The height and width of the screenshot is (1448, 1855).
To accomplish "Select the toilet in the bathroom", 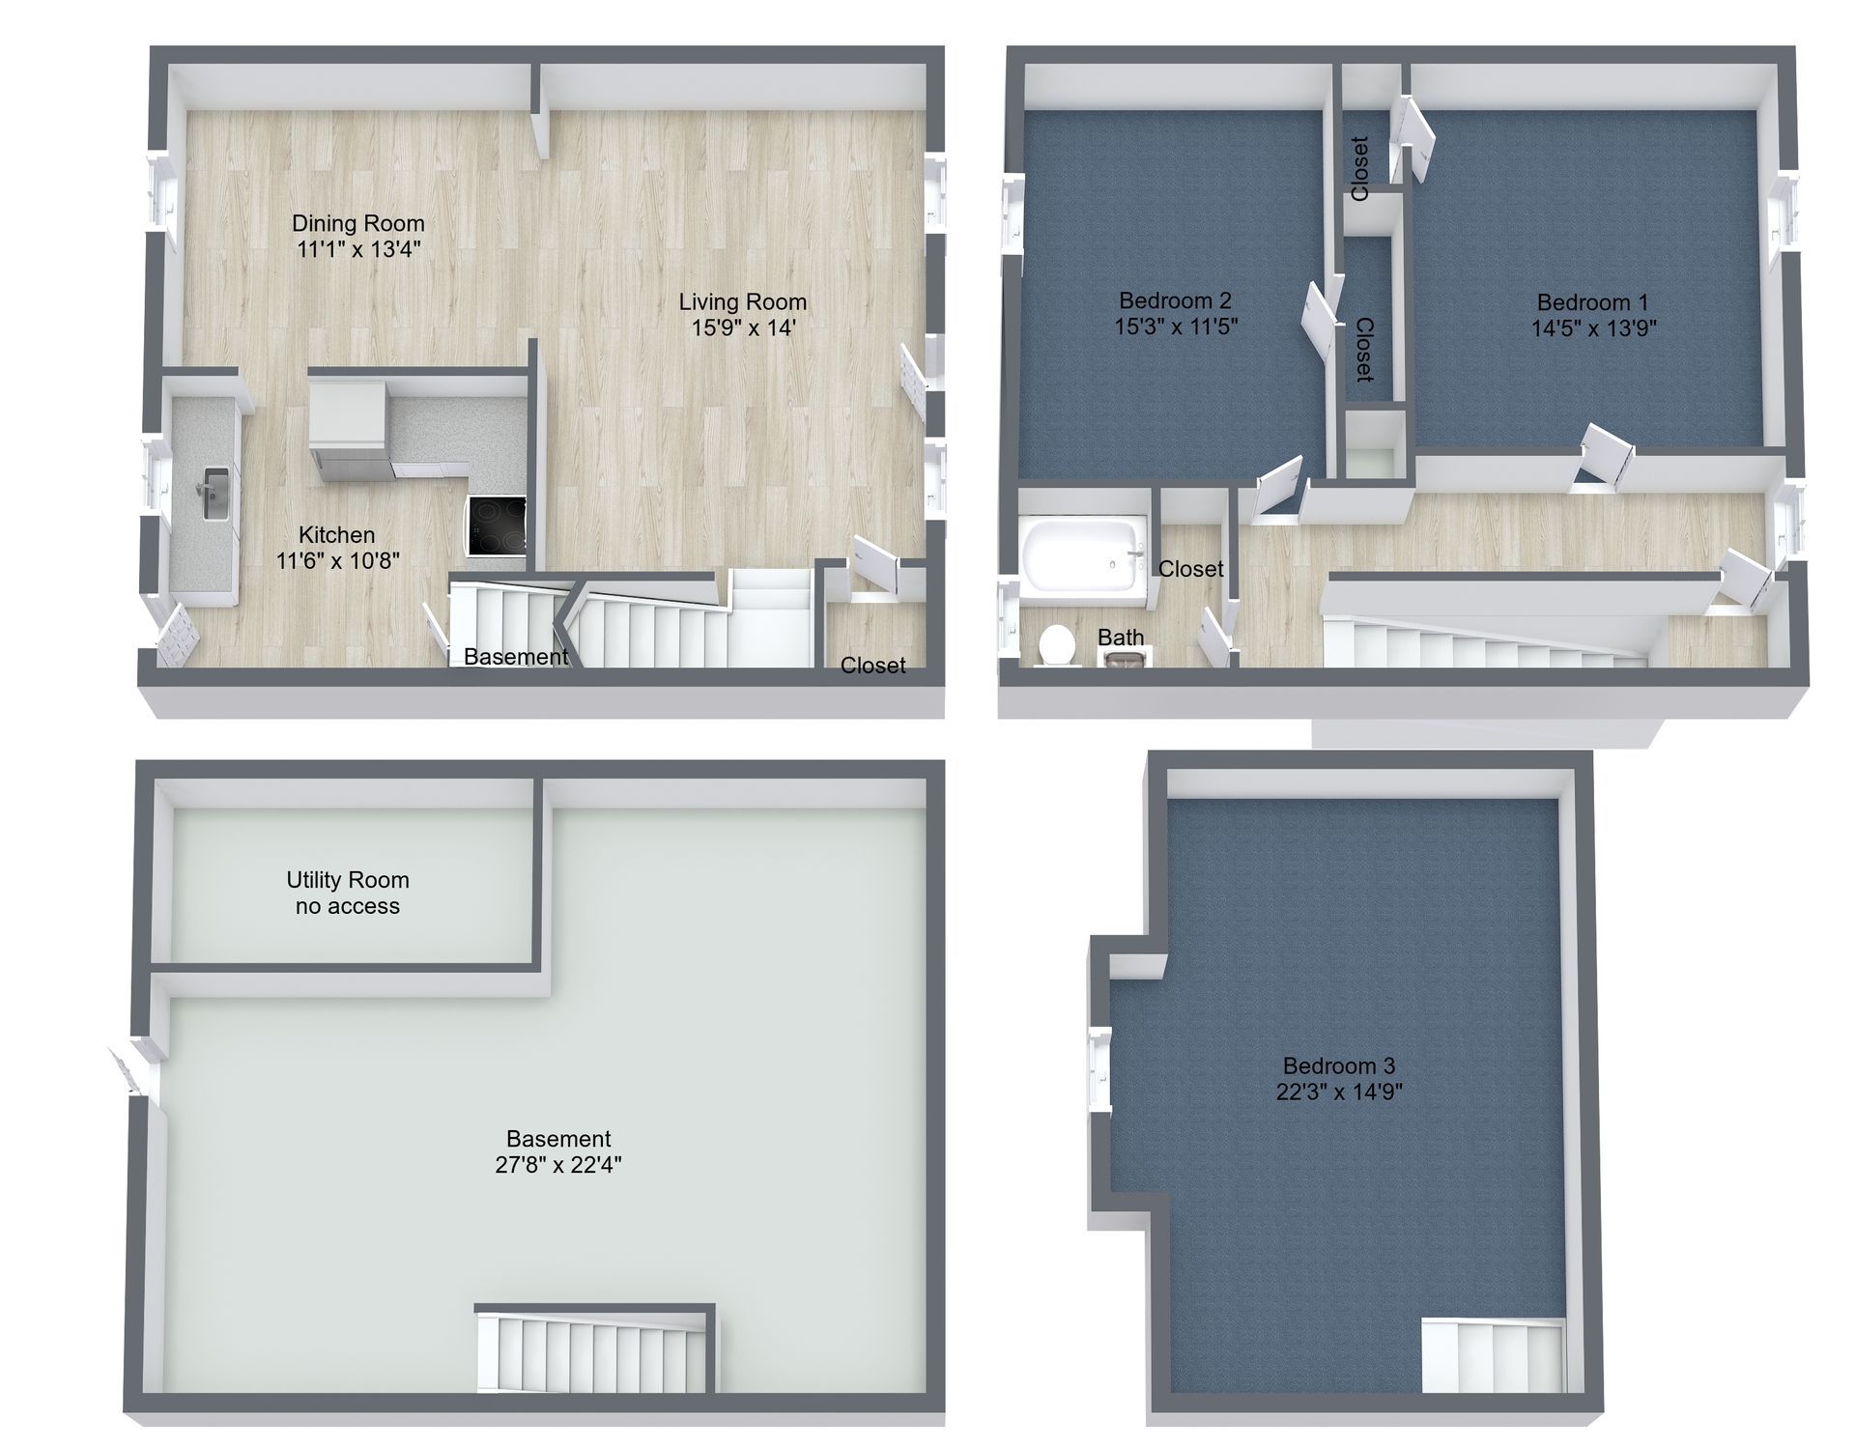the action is point(1057,644).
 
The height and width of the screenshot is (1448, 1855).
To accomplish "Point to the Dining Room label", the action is point(358,223).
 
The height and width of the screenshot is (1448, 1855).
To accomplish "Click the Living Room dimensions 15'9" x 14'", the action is point(743,328).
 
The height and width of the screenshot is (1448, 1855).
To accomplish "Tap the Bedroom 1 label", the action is point(1593,302).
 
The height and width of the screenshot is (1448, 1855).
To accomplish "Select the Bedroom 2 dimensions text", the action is point(1176,327).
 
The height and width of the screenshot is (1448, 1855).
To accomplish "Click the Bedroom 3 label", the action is point(1338,1066).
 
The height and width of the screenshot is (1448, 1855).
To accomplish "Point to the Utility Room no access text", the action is point(348,893).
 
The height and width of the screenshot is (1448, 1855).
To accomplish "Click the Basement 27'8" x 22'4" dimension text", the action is point(558,1165).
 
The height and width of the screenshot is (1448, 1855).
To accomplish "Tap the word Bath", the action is point(1121,638).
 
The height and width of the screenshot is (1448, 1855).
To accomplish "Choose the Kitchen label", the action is point(336,534).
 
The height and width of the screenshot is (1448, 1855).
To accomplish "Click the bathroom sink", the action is point(1124,658).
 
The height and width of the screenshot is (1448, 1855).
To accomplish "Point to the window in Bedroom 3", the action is point(1099,1069).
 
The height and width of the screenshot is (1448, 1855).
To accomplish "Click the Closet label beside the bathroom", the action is point(1191,569).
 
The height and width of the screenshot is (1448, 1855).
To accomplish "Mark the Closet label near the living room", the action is point(873,665).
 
